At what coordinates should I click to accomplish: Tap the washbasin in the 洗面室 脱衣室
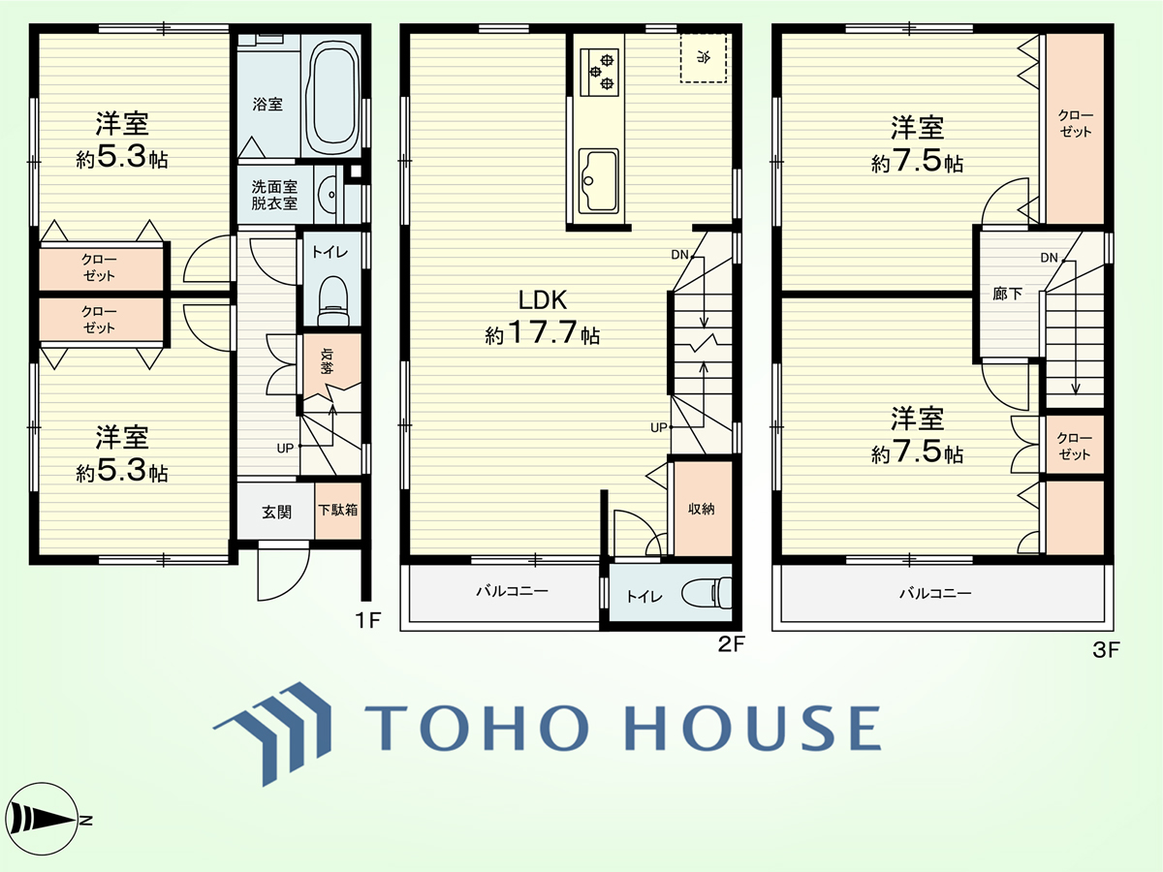328,195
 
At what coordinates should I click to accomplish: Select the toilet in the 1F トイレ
332,300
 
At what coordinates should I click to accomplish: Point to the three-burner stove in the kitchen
600,72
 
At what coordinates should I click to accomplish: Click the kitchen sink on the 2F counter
598,181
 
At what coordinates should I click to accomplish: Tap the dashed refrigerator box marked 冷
703,58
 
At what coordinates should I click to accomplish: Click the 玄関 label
276,512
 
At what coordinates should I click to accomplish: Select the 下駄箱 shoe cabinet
338,511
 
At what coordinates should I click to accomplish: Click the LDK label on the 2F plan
543,300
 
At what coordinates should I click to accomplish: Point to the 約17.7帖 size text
542,333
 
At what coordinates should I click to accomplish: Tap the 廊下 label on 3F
1007,294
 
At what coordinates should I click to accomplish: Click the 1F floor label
368,620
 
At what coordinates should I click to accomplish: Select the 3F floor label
1107,649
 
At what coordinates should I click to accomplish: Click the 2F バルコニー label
512,590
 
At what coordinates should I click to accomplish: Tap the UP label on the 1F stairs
285,449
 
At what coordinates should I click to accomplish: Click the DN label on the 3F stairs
1049,258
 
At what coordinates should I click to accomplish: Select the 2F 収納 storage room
701,509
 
